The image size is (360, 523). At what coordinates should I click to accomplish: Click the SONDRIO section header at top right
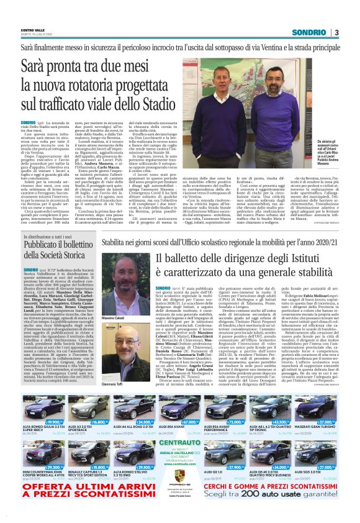[311, 32]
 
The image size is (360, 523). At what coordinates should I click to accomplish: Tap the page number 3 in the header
[335, 32]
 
